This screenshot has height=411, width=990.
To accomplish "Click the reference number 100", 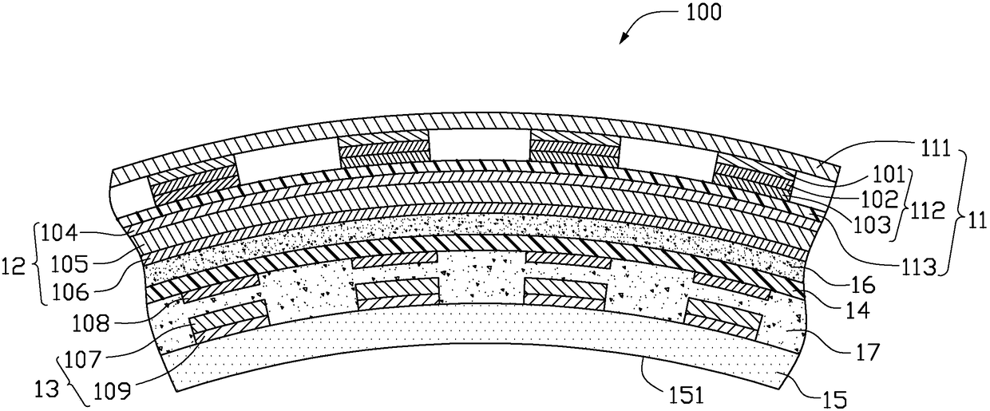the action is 702,12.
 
